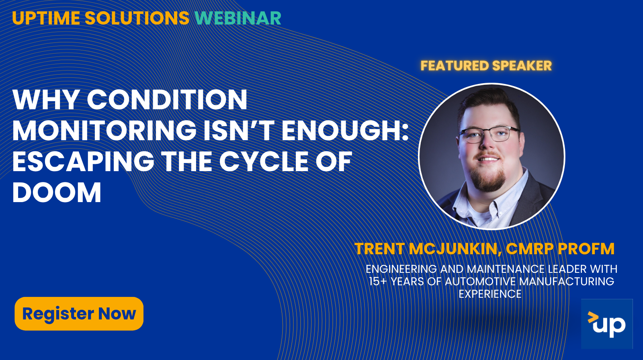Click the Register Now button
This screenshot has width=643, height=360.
[x=79, y=313]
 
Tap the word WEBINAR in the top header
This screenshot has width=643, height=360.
[x=238, y=18]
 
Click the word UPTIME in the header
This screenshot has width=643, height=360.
[x=46, y=18]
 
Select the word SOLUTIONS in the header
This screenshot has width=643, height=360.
[x=137, y=18]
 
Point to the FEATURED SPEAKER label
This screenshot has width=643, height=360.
[x=486, y=65]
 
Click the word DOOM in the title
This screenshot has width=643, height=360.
[x=57, y=192]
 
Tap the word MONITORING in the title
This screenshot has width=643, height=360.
[x=104, y=130]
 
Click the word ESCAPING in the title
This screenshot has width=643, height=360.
[x=83, y=162]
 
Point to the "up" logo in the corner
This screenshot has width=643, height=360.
[x=607, y=324]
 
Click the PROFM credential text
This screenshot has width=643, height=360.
[x=586, y=249]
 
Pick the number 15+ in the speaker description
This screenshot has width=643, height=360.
[x=378, y=281]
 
